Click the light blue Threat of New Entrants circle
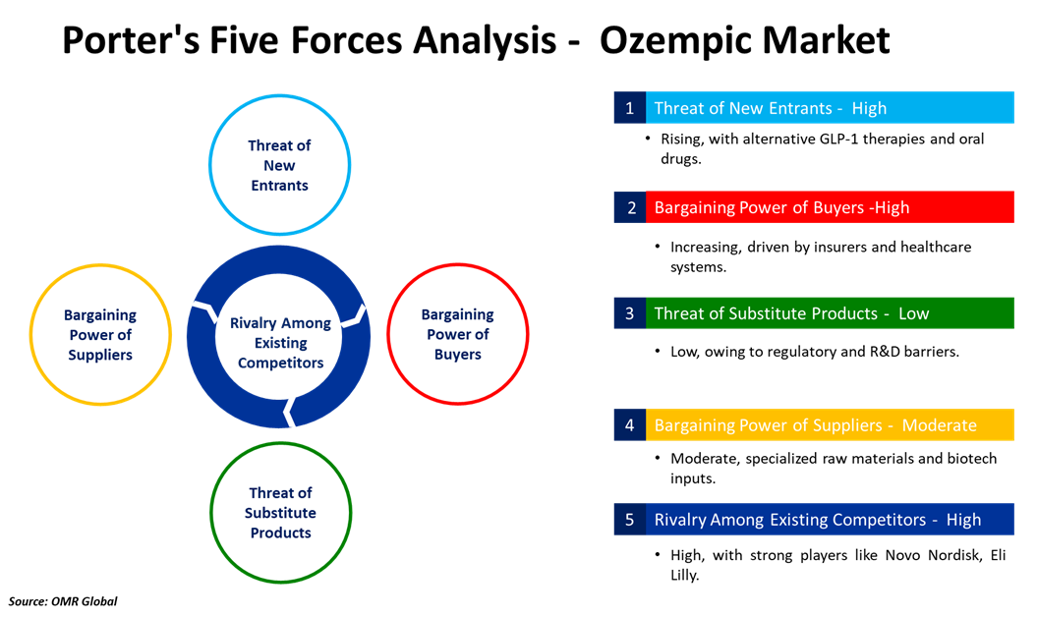(x=279, y=165)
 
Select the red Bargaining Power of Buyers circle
(x=458, y=334)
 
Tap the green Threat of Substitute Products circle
(x=281, y=513)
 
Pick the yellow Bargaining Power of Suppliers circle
(x=100, y=335)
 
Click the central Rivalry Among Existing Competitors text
(x=280, y=343)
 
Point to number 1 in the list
(x=629, y=108)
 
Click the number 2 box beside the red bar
(x=629, y=207)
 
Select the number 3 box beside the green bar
(x=629, y=313)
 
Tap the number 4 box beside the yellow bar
(x=629, y=425)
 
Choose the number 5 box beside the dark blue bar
(x=629, y=520)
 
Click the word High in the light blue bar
(x=869, y=108)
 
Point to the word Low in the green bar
(x=913, y=313)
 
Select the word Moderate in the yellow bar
(x=939, y=425)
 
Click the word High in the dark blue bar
(x=963, y=520)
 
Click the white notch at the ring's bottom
(x=289, y=412)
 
